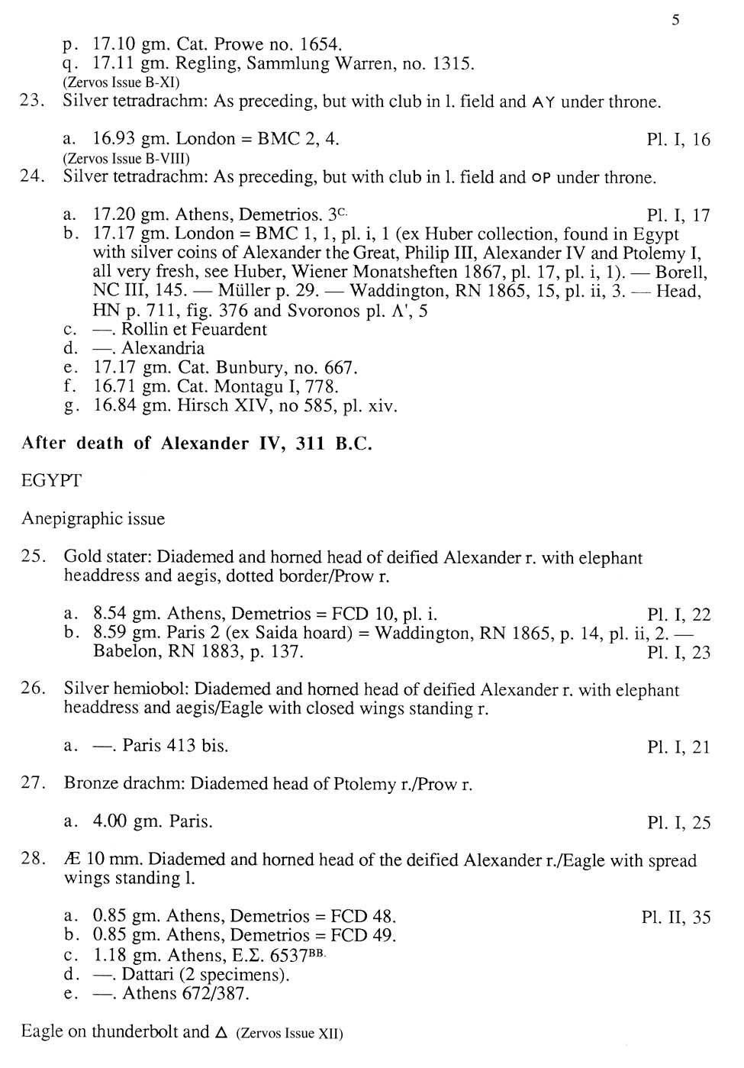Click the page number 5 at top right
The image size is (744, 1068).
pyautogui.click(x=676, y=21)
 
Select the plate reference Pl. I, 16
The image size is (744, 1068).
pyautogui.click(x=678, y=140)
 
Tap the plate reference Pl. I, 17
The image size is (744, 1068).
pyautogui.click(x=678, y=216)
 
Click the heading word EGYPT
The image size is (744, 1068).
pyautogui.click(x=51, y=481)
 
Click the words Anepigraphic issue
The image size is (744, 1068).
pyautogui.click(x=93, y=519)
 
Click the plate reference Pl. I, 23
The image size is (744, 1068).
pyautogui.click(x=678, y=653)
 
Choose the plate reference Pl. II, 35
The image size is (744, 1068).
pyautogui.click(x=676, y=918)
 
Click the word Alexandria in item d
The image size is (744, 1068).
pyautogui.click(x=163, y=349)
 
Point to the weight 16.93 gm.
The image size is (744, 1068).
pyautogui.click(x=130, y=139)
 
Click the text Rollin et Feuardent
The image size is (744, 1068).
pyautogui.click(x=194, y=330)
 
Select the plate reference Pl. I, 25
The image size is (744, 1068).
pyautogui.click(x=678, y=823)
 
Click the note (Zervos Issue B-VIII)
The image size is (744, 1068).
pyautogui.click(x=126, y=159)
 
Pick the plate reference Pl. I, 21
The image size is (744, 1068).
pyautogui.click(x=678, y=747)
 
